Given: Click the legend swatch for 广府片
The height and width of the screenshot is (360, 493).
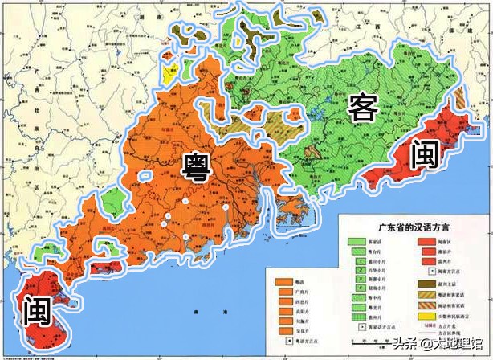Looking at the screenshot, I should pyautogui.click(x=283, y=293).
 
